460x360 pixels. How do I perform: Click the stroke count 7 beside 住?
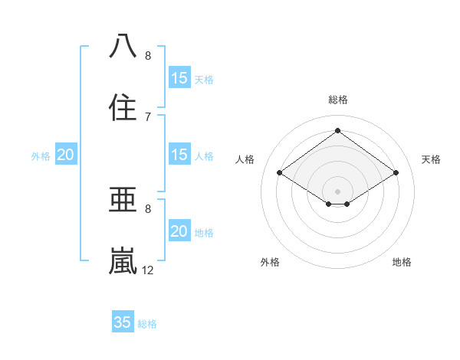pos(148,116)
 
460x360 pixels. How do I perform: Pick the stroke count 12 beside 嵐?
pos(148,270)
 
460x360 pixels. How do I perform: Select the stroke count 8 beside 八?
pos(148,55)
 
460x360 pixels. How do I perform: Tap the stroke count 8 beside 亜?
pos(148,208)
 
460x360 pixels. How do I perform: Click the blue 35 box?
pos(123,322)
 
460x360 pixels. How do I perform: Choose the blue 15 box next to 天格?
pos(179,77)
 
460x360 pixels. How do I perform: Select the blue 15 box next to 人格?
pos(179,155)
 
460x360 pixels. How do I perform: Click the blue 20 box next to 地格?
pos(179,231)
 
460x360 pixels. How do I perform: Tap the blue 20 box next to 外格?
pos(65,155)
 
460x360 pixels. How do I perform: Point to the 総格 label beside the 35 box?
pos(147,324)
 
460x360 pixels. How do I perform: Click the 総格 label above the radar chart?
pos(337,100)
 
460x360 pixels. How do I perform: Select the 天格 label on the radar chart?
pos(431,159)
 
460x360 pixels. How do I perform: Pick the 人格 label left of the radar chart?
pos(245,159)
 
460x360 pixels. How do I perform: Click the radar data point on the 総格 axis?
pos(337,130)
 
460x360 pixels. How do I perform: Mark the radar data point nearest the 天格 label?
pos(396,173)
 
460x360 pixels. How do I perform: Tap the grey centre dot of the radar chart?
pos(337,191)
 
